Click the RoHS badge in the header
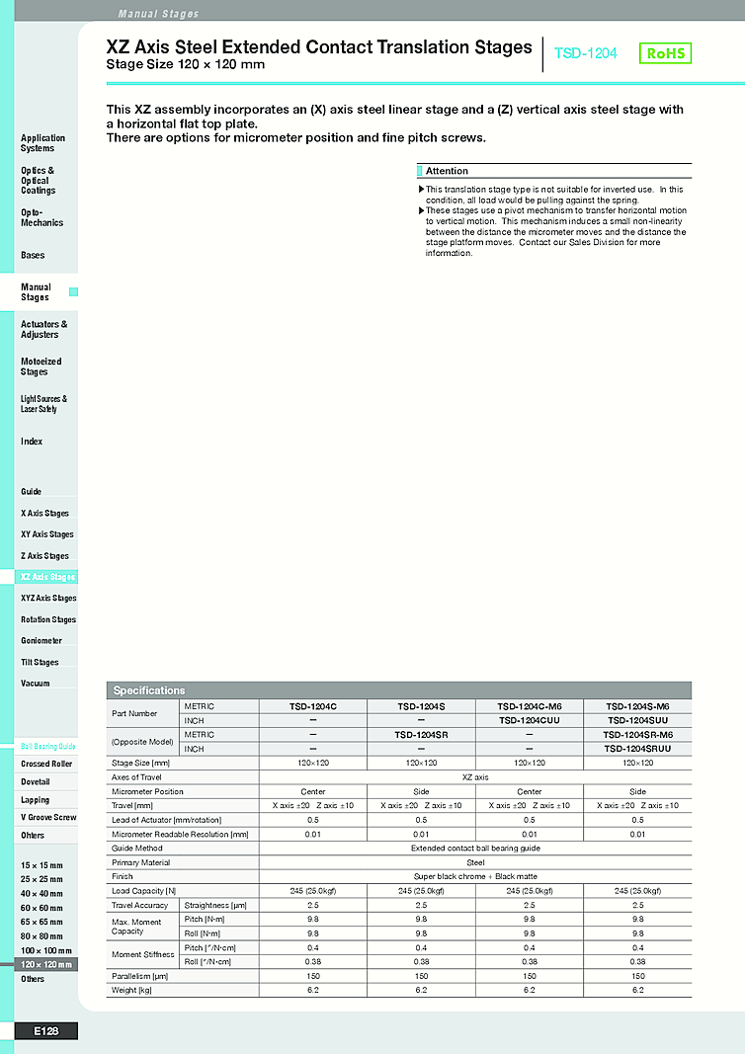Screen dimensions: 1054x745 point(665,53)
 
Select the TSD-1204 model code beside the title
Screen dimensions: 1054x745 point(586,53)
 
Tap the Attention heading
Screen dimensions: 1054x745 point(447,172)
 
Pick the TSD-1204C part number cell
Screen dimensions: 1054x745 point(313,707)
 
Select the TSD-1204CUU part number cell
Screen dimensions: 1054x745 point(530,721)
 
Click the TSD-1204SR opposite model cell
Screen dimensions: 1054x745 point(421,735)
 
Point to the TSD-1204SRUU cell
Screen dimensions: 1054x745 point(637,749)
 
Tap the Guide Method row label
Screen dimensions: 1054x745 point(137,848)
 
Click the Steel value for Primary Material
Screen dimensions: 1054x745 point(475,862)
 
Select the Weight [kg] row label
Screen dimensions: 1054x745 point(124,990)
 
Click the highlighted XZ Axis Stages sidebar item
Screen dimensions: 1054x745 point(47,577)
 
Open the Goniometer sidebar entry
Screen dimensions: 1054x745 point(41,641)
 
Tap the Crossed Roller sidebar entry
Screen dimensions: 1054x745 point(46,765)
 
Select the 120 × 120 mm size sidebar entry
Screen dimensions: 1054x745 point(46,964)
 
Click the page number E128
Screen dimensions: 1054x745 point(45,1031)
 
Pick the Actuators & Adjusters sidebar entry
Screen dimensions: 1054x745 point(43,330)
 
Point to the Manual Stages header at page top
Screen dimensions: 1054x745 point(158,14)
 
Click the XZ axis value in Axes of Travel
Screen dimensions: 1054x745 point(475,777)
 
